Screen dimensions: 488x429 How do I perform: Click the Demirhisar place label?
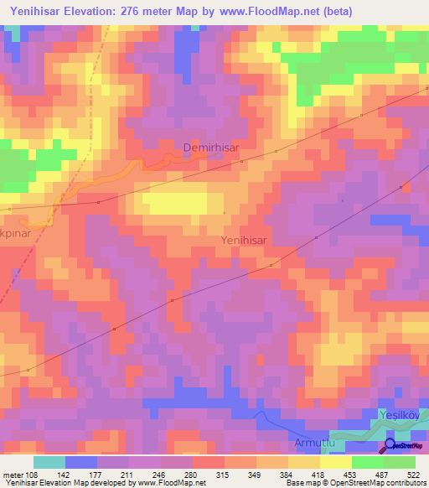pos(211,148)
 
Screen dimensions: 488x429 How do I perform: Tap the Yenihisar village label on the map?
pos(244,240)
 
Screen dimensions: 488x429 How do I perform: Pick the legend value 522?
pos(415,475)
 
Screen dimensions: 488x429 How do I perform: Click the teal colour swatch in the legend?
pos(49,462)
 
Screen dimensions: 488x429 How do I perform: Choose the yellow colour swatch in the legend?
pos(336,462)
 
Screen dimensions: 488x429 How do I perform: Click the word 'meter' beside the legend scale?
pos(13,475)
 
